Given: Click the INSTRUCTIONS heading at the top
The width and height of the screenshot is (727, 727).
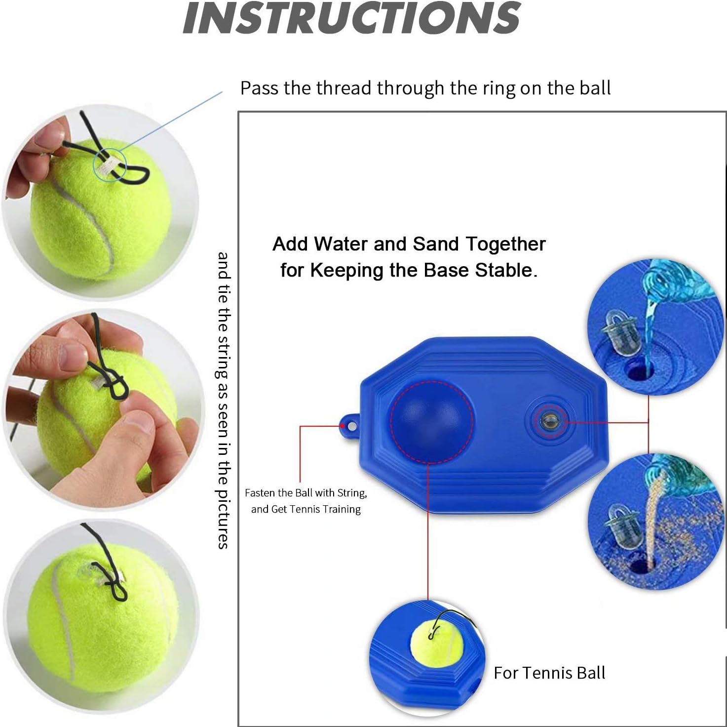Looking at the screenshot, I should pos(351,18).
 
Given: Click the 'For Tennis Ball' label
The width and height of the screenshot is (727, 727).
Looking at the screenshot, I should pos(549,673).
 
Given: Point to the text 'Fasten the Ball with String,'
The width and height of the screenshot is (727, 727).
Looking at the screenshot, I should pos(306,493).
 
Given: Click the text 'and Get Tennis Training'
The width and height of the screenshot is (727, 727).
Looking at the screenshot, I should pos(306,509).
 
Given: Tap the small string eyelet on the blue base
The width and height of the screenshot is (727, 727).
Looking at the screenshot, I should pos(350,424).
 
